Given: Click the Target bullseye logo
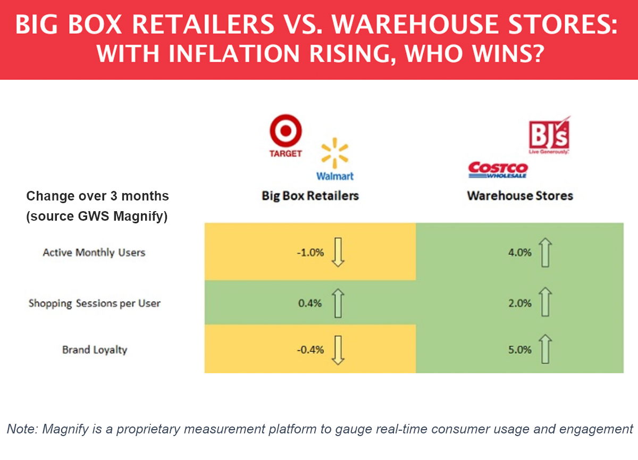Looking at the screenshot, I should pos(286,132).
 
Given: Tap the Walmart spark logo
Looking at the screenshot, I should pos(335,153).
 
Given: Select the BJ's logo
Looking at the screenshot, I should pos(549,135).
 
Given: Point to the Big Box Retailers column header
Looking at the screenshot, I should pos(310,196).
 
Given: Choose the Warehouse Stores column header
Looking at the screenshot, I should pos(520,196).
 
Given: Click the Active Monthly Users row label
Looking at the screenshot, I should pos(94,252).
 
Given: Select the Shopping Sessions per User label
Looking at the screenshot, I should pos(94,303).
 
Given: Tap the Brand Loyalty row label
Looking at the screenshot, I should pos(94,350).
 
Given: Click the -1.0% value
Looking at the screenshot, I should pos(310,253).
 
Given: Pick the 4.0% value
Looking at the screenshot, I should pos(520,253).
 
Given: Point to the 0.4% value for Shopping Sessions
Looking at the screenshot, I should pos(310,304).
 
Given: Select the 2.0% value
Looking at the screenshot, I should pos(520,304).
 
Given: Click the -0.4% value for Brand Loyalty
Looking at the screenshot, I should pos(310,350).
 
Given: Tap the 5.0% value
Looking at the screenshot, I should pos(520,350).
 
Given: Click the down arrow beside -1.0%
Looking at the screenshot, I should pos(338,252).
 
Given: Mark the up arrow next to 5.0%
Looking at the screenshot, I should pos(545,349).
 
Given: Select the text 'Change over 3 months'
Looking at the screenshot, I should pos(98,196).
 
